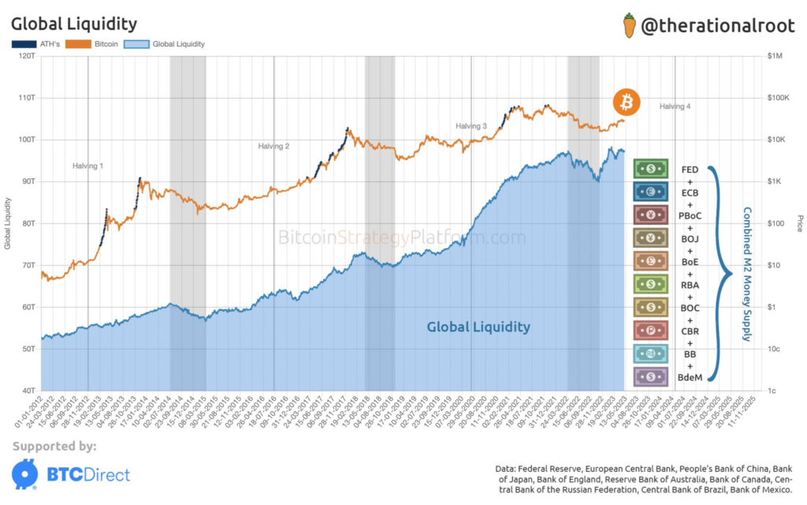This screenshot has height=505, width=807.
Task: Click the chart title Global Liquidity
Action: point(74,24)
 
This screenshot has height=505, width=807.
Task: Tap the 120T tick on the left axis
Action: point(26,56)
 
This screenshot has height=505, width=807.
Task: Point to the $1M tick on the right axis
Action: point(775,56)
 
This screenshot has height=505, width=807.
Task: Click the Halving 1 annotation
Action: point(87,166)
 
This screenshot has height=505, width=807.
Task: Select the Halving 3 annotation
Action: point(470,126)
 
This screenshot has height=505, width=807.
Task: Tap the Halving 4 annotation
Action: point(675,106)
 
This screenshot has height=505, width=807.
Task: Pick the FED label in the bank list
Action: point(689,169)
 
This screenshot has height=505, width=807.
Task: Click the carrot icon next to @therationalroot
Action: point(627,24)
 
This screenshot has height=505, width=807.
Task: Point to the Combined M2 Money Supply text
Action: point(746,275)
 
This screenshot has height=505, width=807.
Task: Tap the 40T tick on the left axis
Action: point(28,391)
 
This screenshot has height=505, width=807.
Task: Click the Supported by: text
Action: point(54,447)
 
